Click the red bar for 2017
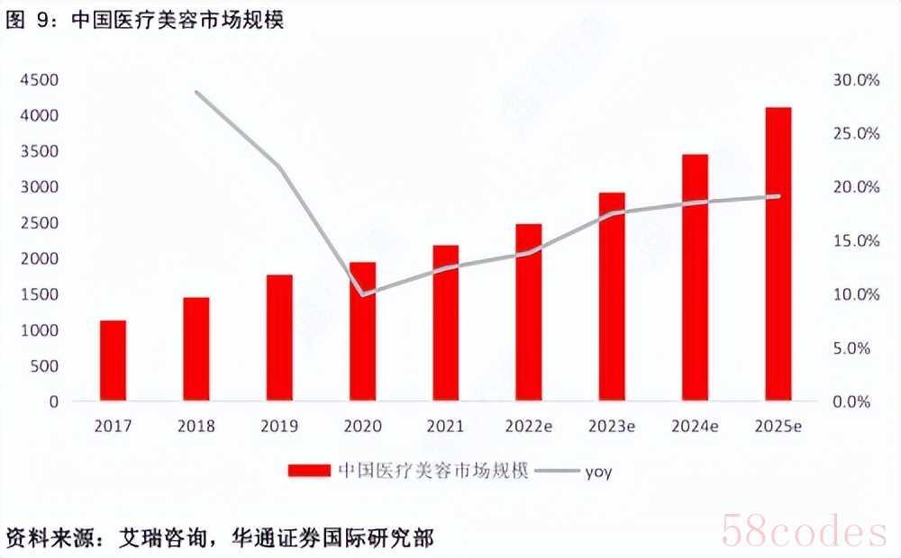tap(113, 361)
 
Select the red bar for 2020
tap(362, 331)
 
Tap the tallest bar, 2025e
tap(778, 254)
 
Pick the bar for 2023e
tap(612, 297)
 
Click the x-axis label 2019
tap(279, 426)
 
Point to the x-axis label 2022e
tap(529, 426)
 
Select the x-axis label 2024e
tap(695, 426)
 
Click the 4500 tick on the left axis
tap(40, 80)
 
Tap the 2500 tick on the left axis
tap(40, 222)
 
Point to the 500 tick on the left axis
tap(45, 365)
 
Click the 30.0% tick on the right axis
tap(856, 80)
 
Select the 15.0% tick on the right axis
tap(856, 240)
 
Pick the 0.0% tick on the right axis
tap(851, 401)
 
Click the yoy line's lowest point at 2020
tap(363, 294)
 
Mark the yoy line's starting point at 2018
tap(196, 92)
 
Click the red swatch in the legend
tap(310, 471)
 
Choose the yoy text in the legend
tap(599, 472)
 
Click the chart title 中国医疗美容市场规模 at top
tap(178, 20)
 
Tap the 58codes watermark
tap(805, 532)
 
